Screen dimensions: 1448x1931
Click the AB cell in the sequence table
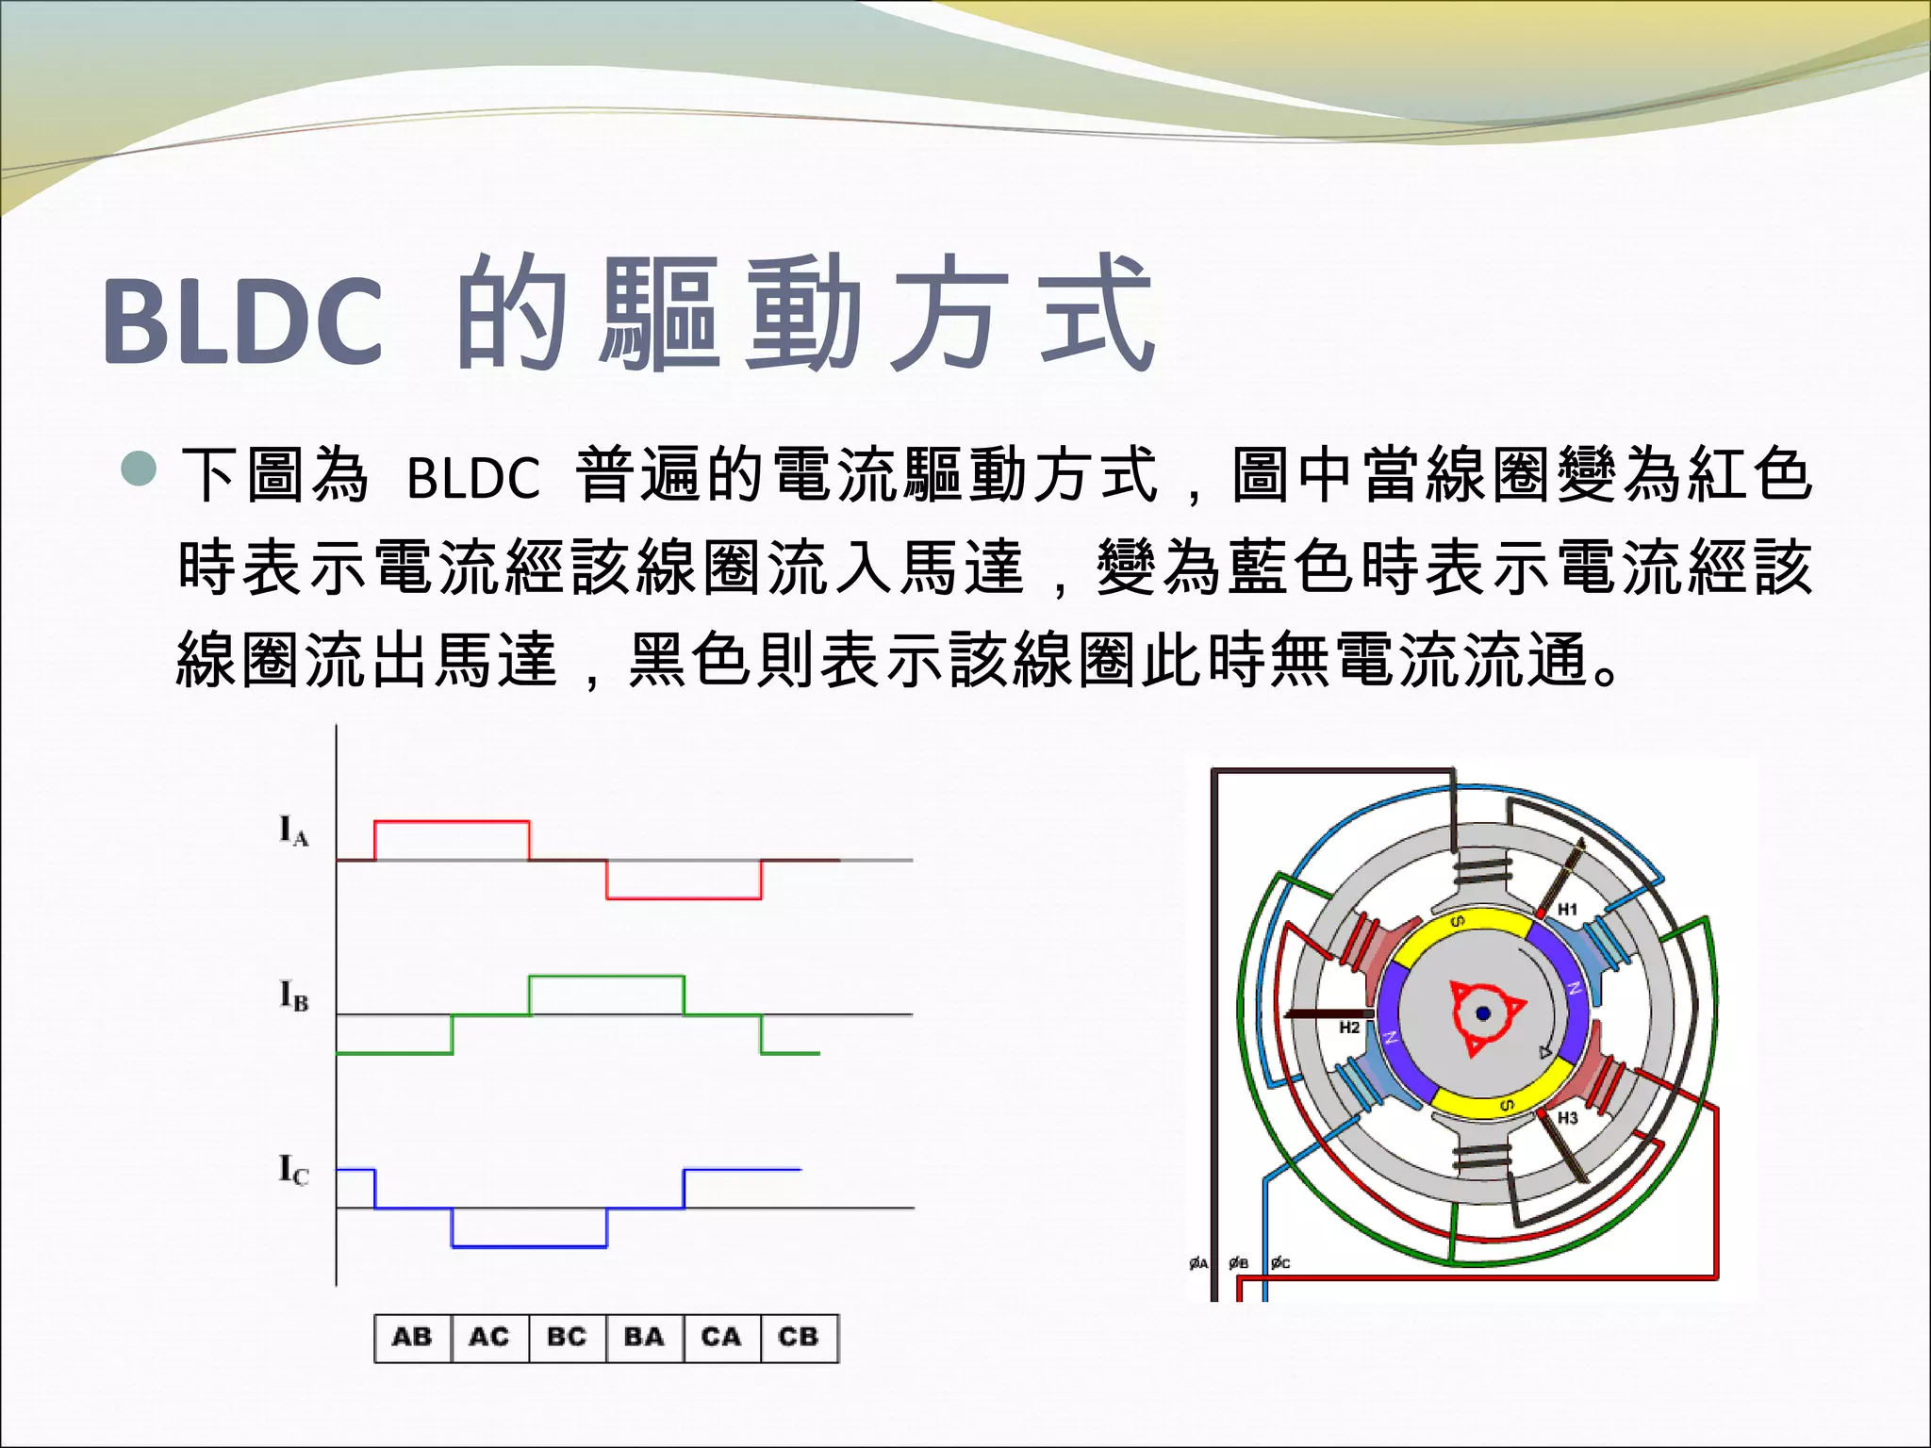412,1337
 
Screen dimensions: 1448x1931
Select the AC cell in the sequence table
489,1337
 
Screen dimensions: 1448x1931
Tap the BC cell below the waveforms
567,1337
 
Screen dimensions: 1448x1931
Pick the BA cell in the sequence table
644,1337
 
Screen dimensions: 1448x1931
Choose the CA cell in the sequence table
721,1337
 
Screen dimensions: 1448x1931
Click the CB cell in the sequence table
799,1337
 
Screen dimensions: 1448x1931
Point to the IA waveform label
293,831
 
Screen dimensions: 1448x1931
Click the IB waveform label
293,995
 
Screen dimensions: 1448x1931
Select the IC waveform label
293,1171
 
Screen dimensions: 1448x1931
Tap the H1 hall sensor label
1567,910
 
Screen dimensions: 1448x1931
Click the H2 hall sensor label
1349,1028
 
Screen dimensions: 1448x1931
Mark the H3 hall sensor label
1567,1118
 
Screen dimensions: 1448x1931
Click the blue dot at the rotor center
1483,1013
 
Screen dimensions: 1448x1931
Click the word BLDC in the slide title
243,321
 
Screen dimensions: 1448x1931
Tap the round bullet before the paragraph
140,469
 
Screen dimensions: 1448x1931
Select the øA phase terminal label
1198,1263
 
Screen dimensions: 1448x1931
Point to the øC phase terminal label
1280,1263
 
